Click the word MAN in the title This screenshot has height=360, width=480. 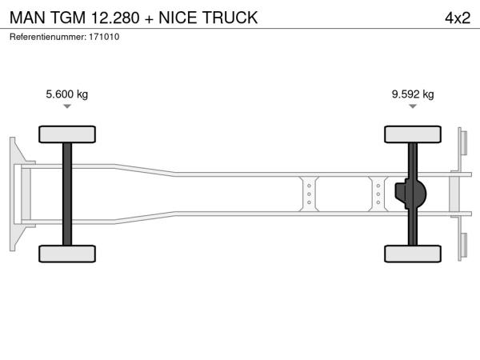(27, 18)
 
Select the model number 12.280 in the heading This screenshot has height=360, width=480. (115, 18)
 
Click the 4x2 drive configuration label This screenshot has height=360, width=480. (458, 18)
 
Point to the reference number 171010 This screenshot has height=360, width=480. (104, 37)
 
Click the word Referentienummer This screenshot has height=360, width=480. (48, 37)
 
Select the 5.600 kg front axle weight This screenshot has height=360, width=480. (66, 94)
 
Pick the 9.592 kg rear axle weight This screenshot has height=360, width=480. (413, 94)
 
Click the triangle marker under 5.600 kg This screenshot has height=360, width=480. (67, 106)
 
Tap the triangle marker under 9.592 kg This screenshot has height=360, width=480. (413, 106)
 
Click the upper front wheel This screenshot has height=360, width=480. (67, 134)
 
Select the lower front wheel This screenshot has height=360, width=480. (67, 254)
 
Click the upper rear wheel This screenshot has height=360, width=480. (413, 134)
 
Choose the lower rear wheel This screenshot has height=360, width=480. (413, 254)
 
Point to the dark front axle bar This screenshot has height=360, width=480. (67, 194)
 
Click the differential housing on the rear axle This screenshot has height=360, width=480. (410, 194)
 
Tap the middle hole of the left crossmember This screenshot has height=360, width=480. (309, 194)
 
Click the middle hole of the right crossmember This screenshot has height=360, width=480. (378, 194)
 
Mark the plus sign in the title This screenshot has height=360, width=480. (149, 19)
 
